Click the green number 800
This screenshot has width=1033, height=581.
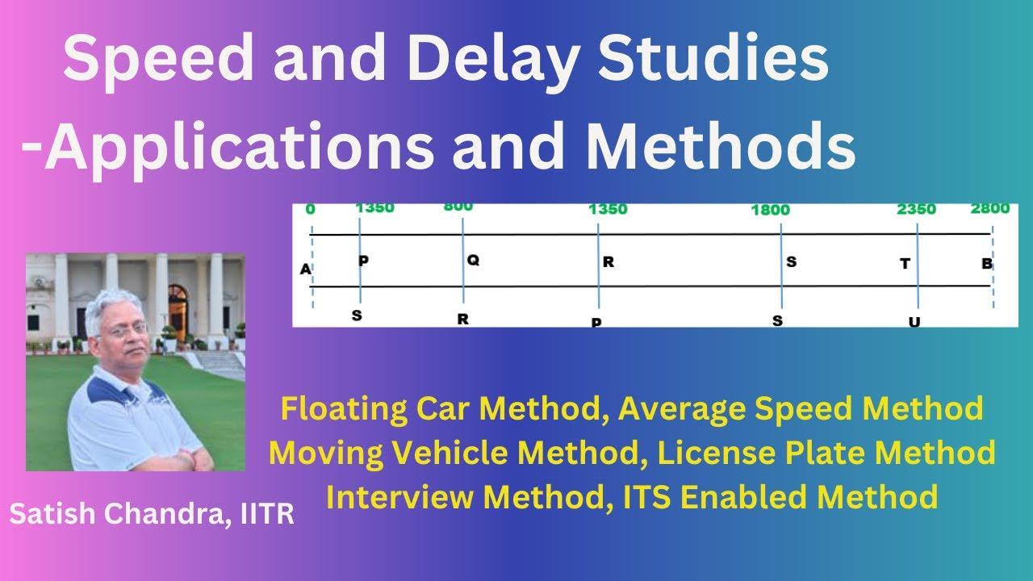coord(458,207)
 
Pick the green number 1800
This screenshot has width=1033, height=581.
coord(770,210)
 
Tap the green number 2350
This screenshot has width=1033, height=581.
coord(916,210)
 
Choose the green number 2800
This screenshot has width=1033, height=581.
coord(989,208)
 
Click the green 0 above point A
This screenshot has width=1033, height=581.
coord(311,210)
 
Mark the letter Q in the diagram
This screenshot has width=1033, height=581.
coord(473,261)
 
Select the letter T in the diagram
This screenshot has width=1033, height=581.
coord(905,264)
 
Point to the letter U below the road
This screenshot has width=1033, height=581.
coord(914,322)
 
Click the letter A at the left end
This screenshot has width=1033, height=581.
coord(305,269)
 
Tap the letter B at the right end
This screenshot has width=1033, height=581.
coord(986,264)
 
